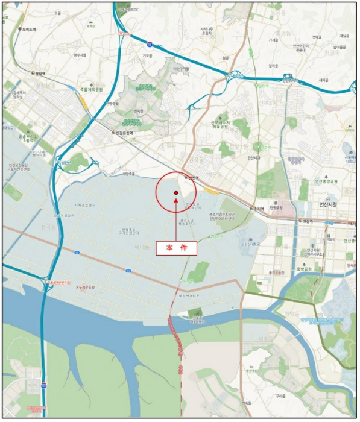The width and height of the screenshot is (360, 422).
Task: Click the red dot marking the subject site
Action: [175, 193]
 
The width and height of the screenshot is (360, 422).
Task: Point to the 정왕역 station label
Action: [40, 74]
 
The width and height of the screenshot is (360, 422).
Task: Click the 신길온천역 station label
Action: [127, 133]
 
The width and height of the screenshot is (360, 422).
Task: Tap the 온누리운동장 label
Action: [88, 286]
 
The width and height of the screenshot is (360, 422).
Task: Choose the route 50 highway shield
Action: [148, 43]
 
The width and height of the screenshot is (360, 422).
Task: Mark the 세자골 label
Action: [324, 80]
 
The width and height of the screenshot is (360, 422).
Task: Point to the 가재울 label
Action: [273, 40]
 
